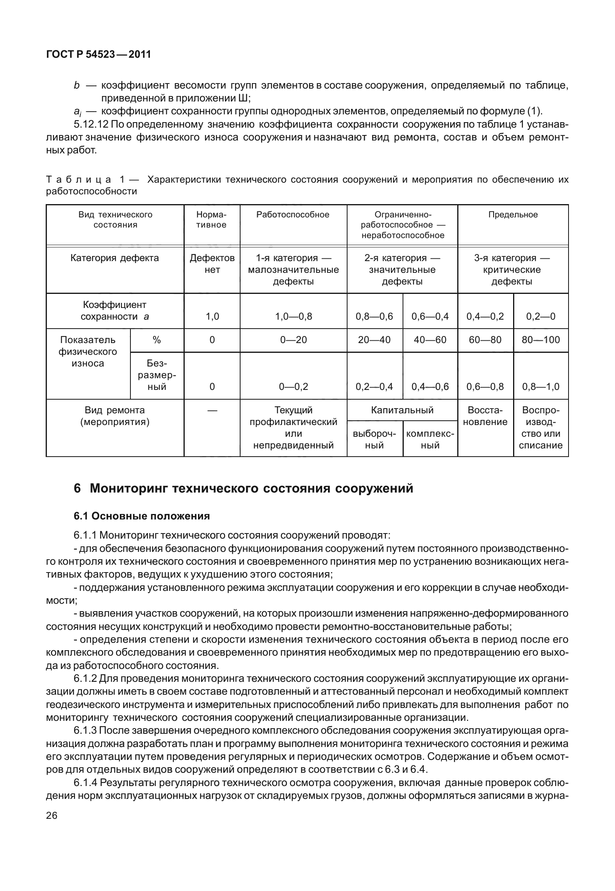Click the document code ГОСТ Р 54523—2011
(98, 54)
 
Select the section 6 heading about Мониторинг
(243, 488)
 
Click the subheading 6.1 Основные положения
(142, 516)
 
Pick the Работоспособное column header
(293, 215)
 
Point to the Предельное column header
(513, 215)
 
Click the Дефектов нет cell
(212, 264)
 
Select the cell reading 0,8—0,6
(374, 316)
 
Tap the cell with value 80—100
(541, 340)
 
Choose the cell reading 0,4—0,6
(430, 386)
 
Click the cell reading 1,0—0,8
(293, 316)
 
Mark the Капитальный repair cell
(402, 410)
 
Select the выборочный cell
(374, 439)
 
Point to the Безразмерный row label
(157, 375)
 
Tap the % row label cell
(157, 340)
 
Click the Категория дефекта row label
(115, 258)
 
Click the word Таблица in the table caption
(79, 180)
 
